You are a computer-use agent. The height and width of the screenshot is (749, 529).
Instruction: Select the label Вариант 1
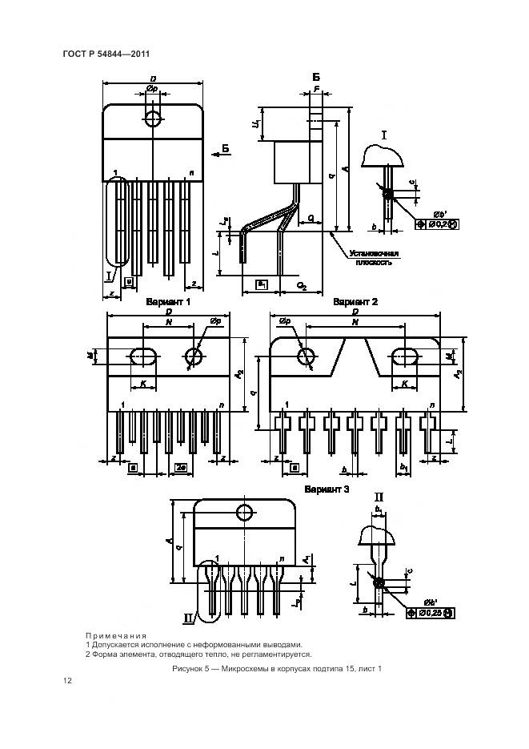[168, 303]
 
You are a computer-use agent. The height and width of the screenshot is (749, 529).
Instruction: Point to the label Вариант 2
[355, 302]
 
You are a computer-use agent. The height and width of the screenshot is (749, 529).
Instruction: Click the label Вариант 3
[327, 489]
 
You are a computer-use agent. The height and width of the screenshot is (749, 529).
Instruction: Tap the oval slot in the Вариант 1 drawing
[144, 355]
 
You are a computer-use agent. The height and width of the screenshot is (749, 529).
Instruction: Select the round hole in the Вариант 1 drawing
[194, 356]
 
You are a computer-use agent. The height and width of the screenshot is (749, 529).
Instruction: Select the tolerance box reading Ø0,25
[431, 613]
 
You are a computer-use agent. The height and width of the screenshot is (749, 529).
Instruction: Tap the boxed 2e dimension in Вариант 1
[181, 467]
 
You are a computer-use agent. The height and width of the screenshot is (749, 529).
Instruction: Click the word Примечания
[116, 635]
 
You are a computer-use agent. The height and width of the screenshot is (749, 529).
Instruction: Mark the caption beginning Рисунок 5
[277, 668]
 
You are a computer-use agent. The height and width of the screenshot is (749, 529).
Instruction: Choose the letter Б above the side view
[316, 76]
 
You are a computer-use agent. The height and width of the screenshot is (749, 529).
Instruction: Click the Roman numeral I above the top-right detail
[384, 135]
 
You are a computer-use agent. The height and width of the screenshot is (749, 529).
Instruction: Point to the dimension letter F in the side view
[317, 89]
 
